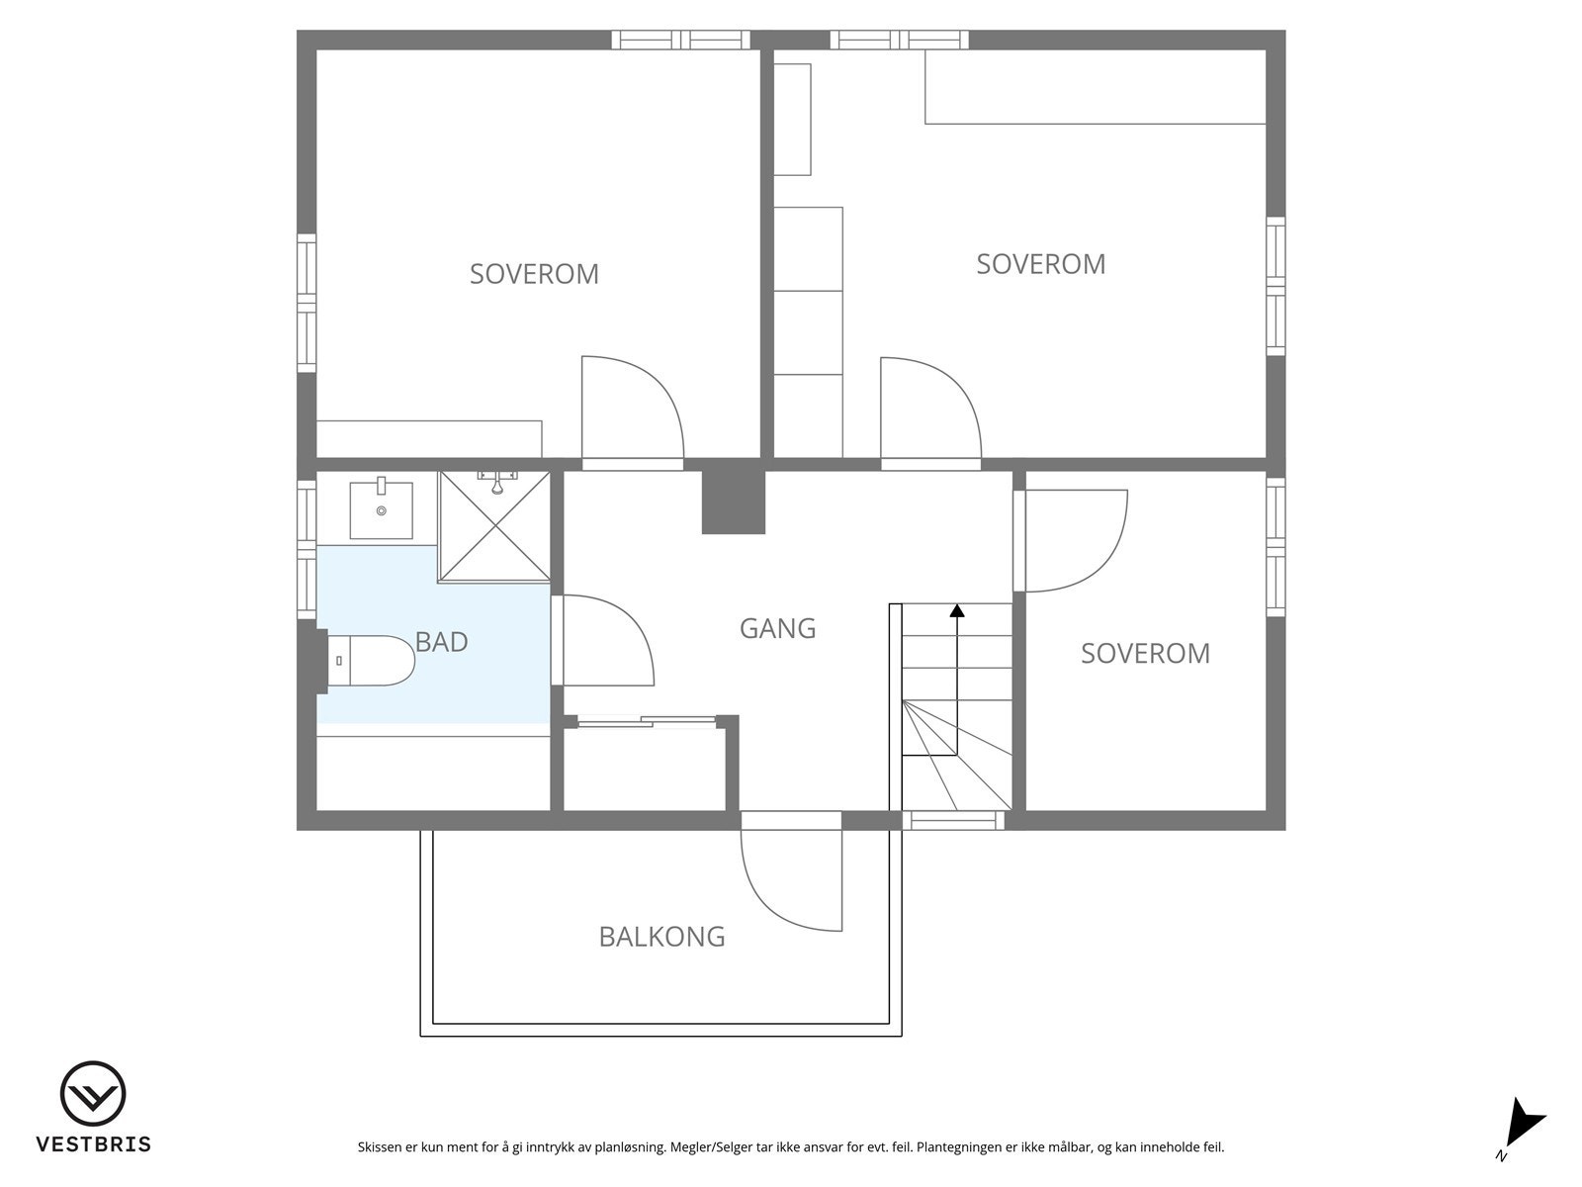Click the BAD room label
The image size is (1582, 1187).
click(x=441, y=641)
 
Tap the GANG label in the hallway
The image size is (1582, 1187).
click(x=778, y=628)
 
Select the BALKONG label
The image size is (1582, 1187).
click(x=661, y=936)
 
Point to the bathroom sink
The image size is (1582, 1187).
click(x=382, y=508)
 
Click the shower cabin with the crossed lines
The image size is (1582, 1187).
click(x=494, y=526)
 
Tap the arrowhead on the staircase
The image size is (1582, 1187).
click(x=957, y=610)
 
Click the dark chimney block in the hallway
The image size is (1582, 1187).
click(x=734, y=502)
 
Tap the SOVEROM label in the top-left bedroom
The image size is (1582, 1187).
click(x=534, y=274)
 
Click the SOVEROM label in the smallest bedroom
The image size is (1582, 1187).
click(x=1145, y=654)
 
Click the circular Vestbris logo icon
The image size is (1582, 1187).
click(x=93, y=1094)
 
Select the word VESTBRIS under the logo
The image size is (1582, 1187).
click(x=94, y=1144)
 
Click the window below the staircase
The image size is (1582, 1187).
click(x=953, y=820)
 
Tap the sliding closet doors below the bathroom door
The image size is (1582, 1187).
click(x=647, y=721)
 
